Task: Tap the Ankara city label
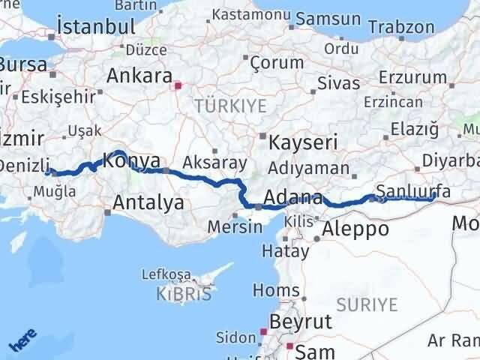coord(139,75)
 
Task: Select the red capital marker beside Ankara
coord(177,86)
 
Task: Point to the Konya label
coord(132,160)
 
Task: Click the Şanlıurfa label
coord(413,191)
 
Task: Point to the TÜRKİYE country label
coord(230,106)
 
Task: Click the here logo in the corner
coord(22,340)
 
